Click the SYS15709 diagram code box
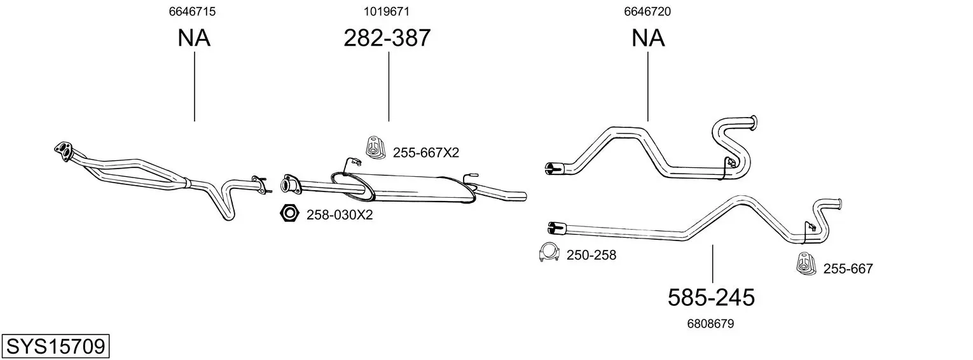tap(55, 346)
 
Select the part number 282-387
tap(387, 38)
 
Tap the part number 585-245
tap(711, 298)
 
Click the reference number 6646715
tap(192, 11)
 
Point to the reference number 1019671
tap(387, 11)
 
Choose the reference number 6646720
tap(647, 11)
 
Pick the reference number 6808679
tap(710, 324)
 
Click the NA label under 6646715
tap(194, 38)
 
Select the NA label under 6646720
tap(647, 38)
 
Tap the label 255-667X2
tap(425, 153)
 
